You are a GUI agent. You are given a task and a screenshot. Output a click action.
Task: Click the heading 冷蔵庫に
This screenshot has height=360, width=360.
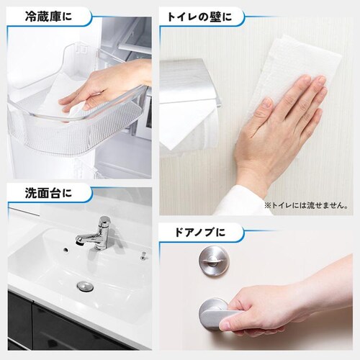click(x=48, y=17)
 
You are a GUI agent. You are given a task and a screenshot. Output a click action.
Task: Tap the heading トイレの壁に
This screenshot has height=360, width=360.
click(x=199, y=17)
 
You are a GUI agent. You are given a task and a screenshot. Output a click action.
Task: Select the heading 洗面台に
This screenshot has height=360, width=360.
click(x=48, y=193)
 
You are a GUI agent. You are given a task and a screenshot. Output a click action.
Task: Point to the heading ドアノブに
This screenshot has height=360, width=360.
click(x=200, y=232)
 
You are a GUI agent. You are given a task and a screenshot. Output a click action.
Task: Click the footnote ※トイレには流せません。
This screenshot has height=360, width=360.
click(x=306, y=205)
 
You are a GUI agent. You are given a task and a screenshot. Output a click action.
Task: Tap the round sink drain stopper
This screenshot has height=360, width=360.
click(x=85, y=287)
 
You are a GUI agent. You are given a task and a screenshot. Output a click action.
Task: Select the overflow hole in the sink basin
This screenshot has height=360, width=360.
click(x=66, y=250)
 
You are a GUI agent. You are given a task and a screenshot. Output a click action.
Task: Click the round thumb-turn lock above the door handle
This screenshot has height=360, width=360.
click(x=214, y=261)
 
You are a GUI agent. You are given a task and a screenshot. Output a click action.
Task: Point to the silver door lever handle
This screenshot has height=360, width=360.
click(x=216, y=312)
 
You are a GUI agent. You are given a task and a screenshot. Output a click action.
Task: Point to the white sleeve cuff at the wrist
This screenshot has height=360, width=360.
click(x=243, y=202)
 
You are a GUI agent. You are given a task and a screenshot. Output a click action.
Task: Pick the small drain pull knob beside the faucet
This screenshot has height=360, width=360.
click(x=143, y=256)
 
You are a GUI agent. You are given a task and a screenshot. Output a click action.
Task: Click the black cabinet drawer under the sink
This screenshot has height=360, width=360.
click(x=72, y=329)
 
